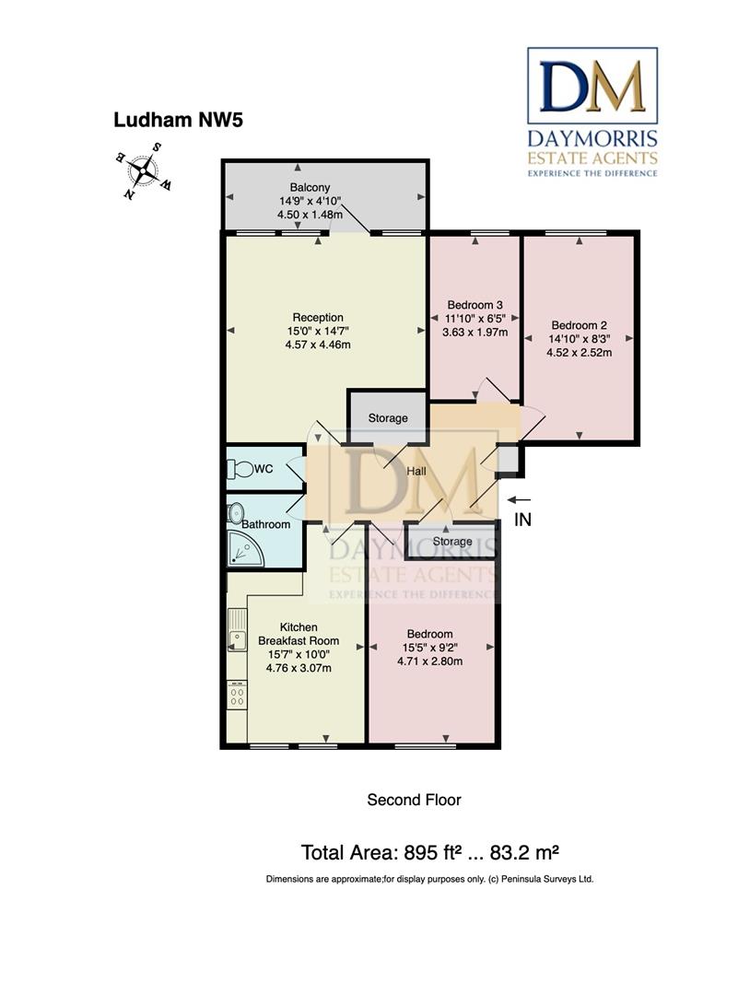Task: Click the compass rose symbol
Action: [x=143, y=171]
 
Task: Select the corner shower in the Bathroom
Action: [x=243, y=549]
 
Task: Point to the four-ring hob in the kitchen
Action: [x=236, y=695]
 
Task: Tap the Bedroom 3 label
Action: [x=475, y=305]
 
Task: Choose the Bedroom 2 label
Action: [x=580, y=324]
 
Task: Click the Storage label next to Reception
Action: [x=388, y=418]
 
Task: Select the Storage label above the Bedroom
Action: [x=452, y=542]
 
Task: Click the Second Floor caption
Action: [x=414, y=800]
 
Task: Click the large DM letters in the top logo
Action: [x=592, y=87]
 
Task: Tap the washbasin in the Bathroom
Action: [x=236, y=512]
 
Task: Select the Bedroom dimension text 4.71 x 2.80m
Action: [x=429, y=661]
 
